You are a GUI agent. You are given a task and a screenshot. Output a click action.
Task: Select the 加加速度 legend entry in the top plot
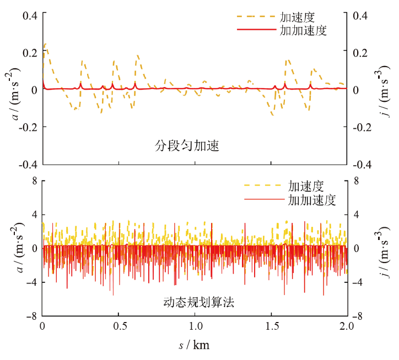303,30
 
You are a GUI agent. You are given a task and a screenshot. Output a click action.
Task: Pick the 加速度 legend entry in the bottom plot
305,186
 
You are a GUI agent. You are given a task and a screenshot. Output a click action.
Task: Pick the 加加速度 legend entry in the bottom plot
312,200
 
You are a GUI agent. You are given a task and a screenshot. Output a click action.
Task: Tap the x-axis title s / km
194,345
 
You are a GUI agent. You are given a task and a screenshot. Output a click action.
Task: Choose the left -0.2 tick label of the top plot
28,127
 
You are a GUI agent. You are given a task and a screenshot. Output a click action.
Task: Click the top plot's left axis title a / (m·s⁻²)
16,90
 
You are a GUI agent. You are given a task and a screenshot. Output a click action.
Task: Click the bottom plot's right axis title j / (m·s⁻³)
384,248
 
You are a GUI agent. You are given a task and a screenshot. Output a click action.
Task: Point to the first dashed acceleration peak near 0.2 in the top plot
45,44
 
